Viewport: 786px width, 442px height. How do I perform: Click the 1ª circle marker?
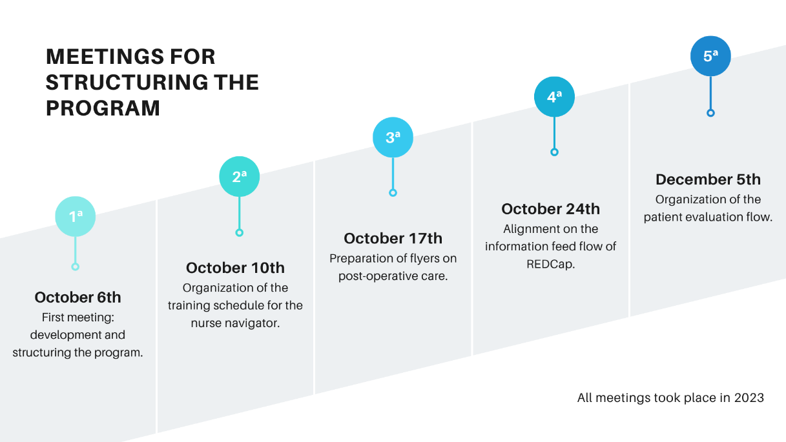tap(76, 216)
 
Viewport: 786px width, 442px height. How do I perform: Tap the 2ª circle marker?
tap(240, 176)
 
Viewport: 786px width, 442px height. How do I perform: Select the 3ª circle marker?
tap(393, 137)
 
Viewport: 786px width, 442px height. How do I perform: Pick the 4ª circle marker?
tap(554, 97)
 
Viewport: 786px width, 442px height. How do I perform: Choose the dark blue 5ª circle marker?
tap(710, 56)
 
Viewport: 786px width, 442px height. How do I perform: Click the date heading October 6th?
tap(78, 297)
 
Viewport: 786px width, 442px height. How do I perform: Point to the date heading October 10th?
tap(235, 268)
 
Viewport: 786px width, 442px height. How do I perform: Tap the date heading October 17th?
tap(393, 238)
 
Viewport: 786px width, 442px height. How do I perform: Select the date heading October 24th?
tap(550, 209)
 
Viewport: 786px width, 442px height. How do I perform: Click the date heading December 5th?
tap(708, 179)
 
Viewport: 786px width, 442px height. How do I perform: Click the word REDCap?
tap(550, 264)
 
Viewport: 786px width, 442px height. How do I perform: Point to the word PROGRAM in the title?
tap(103, 108)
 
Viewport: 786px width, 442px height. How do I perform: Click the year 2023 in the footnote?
tap(749, 398)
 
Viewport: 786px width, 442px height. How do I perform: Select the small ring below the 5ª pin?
tap(710, 113)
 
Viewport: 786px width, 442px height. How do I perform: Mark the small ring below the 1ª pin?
tap(75, 266)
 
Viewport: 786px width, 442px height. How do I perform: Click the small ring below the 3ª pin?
tap(393, 193)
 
